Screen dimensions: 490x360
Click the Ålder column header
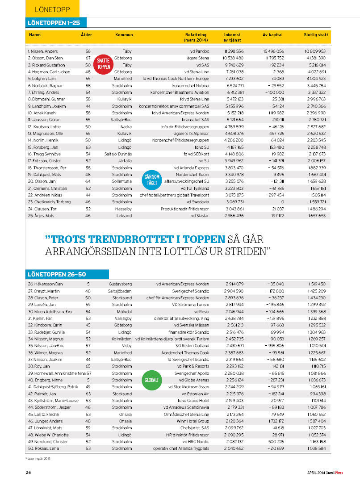(87, 34)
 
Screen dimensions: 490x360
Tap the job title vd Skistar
(200, 216)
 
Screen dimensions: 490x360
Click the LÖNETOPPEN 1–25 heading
(55, 23)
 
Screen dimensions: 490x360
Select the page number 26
(28, 473)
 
